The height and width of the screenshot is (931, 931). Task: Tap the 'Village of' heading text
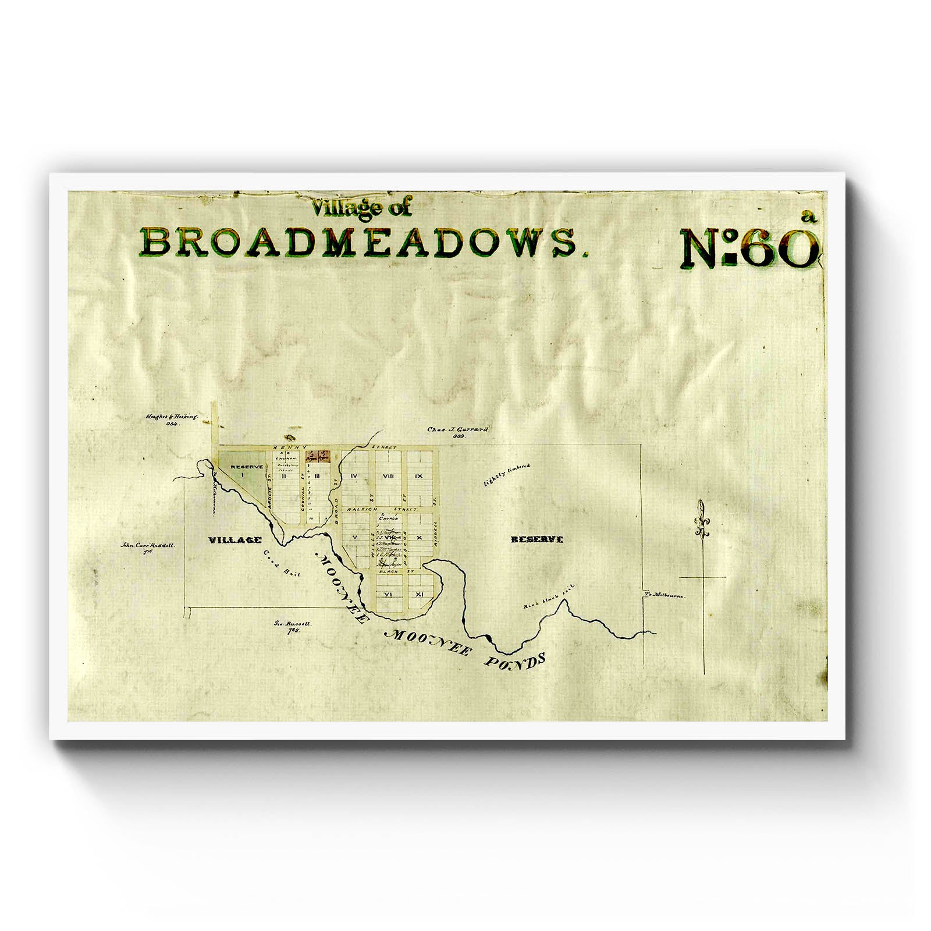point(361,208)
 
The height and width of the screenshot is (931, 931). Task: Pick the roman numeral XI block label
point(419,594)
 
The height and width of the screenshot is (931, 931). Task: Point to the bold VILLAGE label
point(234,540)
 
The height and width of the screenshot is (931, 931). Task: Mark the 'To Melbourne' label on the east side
point(665,596)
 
